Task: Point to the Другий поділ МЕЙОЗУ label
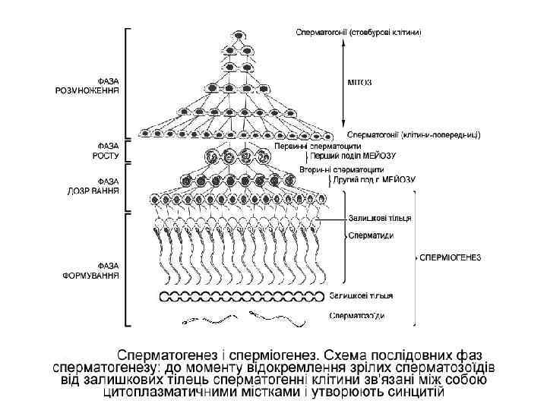[x=374, y=180]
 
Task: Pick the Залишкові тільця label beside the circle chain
[x=362, y=295]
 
